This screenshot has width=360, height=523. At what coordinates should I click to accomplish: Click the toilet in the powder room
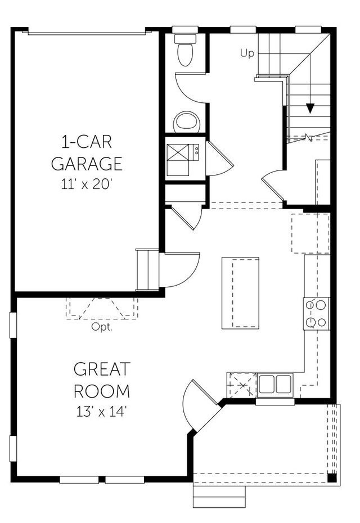click(x=184, y=52)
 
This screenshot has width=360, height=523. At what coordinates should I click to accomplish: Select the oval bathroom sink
click(x=186, y=121)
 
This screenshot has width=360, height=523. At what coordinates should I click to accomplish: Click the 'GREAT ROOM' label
click(x=102, y=380)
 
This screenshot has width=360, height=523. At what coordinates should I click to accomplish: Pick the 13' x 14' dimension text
click(x=102, y=411)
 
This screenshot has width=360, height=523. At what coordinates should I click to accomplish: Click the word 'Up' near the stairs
click(x=247, y=53)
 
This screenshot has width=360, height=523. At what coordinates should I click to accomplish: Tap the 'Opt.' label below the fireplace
click(x=102, y=327)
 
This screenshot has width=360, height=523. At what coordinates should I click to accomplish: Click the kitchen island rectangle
click(x=240, y=293)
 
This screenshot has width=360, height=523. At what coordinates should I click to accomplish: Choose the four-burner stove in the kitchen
click(x=316, y=314)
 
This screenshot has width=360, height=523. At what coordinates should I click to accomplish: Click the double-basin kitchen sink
click(x=275, y=385)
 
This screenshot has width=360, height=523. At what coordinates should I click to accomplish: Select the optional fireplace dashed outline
click(x=102, y=308)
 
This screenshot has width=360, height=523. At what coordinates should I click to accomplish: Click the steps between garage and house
click(x=147, y=269)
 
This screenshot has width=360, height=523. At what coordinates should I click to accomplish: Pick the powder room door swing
click(x=191, y=90)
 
